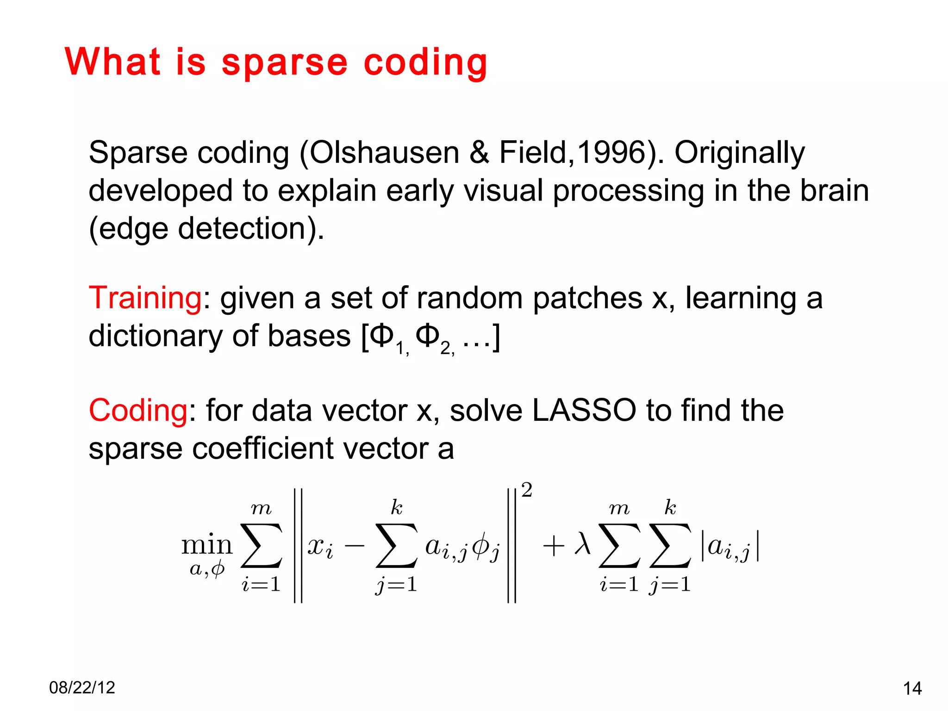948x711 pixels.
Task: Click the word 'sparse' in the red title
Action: [284, 63]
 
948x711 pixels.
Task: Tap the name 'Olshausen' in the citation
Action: [384, 153]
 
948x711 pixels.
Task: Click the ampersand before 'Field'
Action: [479, 153]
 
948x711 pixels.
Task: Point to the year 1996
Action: [611, 153]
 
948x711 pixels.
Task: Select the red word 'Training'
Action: [145, 298]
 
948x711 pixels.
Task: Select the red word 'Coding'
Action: [138, 410]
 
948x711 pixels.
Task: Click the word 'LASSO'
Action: [584, 410]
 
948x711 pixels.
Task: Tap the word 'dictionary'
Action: [156, 336]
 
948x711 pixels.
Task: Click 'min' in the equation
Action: [206, 545]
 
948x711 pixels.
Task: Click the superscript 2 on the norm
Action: [527, 490]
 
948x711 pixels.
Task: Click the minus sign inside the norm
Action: [355, 546]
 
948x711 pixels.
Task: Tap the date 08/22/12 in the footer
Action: [82, 688]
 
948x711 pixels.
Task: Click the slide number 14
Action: [912, 689]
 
